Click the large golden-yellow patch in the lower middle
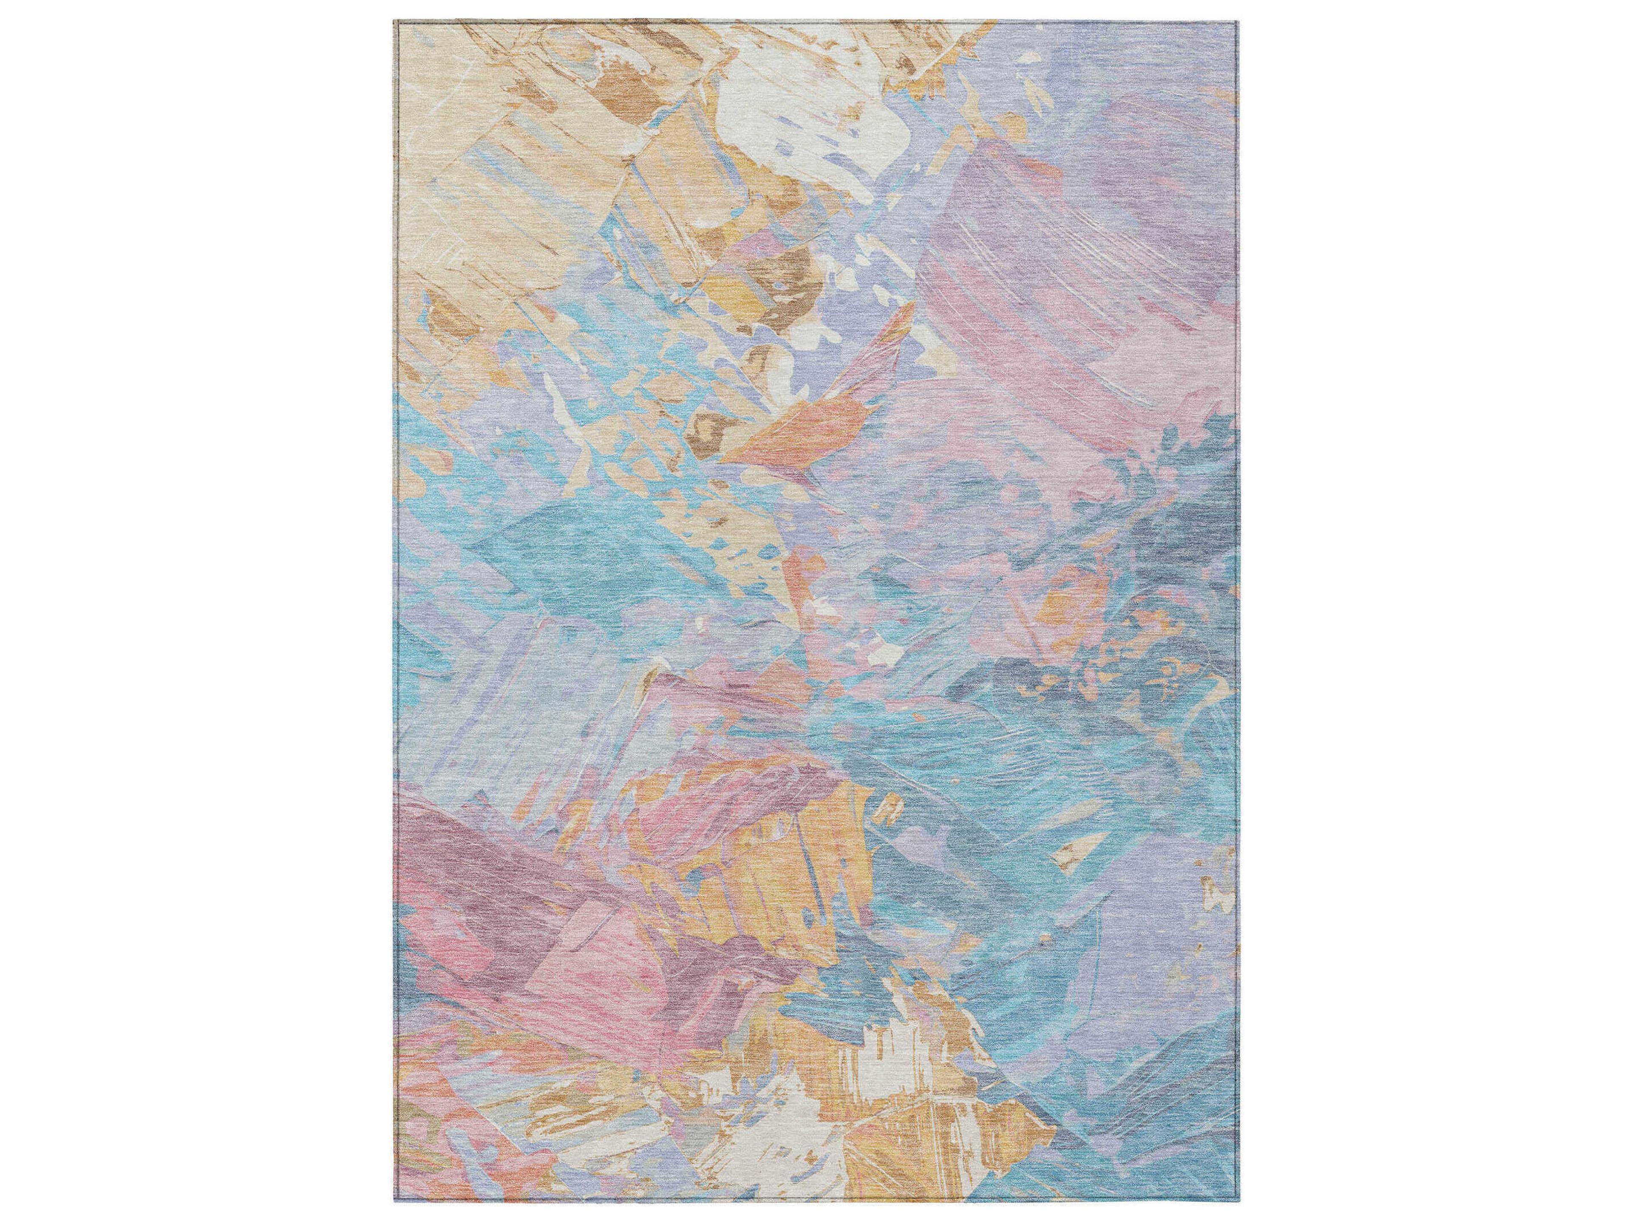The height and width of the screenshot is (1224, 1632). click(767, 870)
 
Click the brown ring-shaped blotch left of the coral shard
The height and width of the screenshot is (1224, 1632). click(708, 428)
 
